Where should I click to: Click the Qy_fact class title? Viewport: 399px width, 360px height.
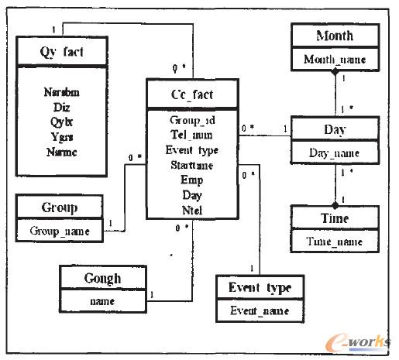point(61,53)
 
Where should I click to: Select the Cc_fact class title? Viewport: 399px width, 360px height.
point(192,95)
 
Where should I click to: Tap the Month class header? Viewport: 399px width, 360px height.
point(335,36)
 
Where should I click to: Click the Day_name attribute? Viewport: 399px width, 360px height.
point(335,153)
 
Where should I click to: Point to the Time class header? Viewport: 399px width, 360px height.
point(335,219)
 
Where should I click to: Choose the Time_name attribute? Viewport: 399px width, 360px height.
point(335,242)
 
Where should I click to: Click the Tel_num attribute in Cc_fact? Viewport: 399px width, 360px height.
point(192,135)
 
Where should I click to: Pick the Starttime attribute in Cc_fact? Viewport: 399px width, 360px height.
point(192,165)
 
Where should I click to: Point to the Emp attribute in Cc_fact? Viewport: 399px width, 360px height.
point(192,180)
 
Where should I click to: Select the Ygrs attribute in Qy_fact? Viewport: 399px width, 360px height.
point(61,137)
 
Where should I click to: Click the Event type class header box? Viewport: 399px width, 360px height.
point(260,288)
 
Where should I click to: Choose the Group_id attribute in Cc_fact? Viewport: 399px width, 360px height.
point(192,121)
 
